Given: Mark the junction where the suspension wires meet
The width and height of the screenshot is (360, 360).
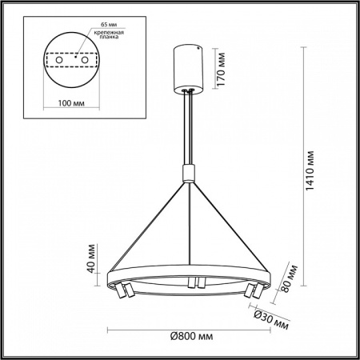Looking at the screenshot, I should click(188, 181).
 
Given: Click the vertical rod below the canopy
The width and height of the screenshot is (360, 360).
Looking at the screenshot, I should click(188, 128).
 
